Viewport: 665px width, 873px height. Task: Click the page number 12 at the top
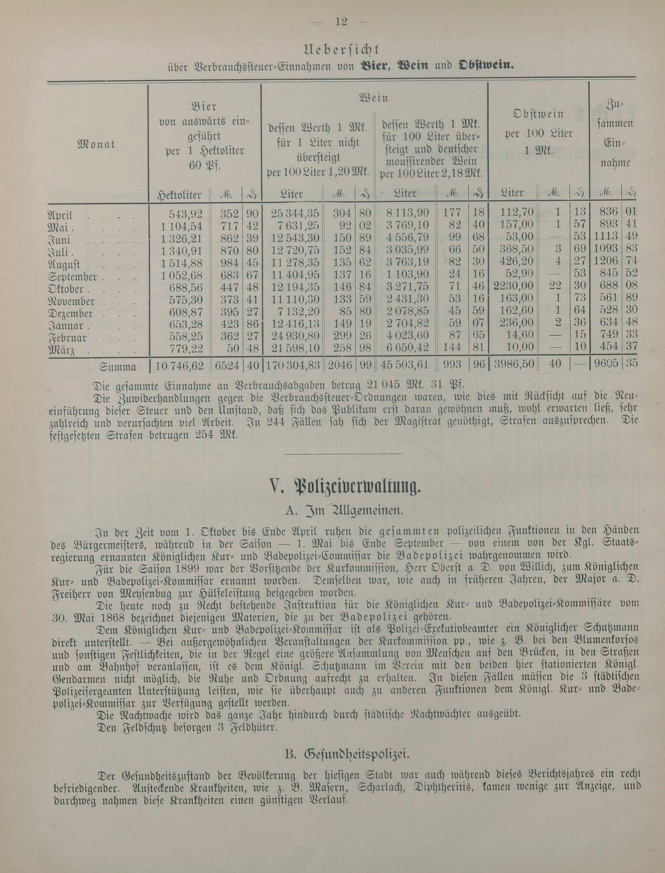[x=342, y=21]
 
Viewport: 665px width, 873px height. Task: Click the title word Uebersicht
[x=340, y=49]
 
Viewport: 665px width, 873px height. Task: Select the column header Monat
[x=96, y=144]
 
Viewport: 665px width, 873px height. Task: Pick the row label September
[x=72, y=277]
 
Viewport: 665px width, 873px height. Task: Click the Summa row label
[x=118, y=366]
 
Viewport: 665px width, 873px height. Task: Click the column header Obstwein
[x=539, y=114]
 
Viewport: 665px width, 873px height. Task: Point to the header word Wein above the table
[x=373, y=97]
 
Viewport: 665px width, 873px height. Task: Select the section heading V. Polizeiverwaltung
[x=345, y=487]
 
